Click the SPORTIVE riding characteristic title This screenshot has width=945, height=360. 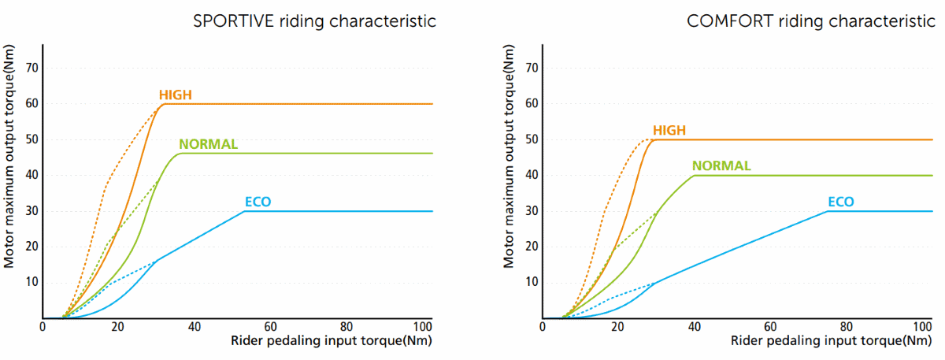point(315,21)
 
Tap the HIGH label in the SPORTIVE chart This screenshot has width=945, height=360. point(176,95)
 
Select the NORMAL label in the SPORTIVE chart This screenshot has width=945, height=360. point(208,144)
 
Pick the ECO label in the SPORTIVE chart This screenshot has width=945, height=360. point(258,202)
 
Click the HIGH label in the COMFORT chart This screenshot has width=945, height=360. point(669,131)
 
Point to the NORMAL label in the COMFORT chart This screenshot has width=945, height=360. point(721,166)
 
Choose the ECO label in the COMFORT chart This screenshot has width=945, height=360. point(841,202)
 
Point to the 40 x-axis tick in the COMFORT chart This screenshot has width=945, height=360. point(694,327)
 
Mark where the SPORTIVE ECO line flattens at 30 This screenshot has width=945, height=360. point(245,211)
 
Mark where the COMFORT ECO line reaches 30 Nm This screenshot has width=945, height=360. point(828,211)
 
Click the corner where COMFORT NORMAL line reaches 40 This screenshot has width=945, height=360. point(695,175)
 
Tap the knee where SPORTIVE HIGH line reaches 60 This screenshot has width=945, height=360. point(163,104)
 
